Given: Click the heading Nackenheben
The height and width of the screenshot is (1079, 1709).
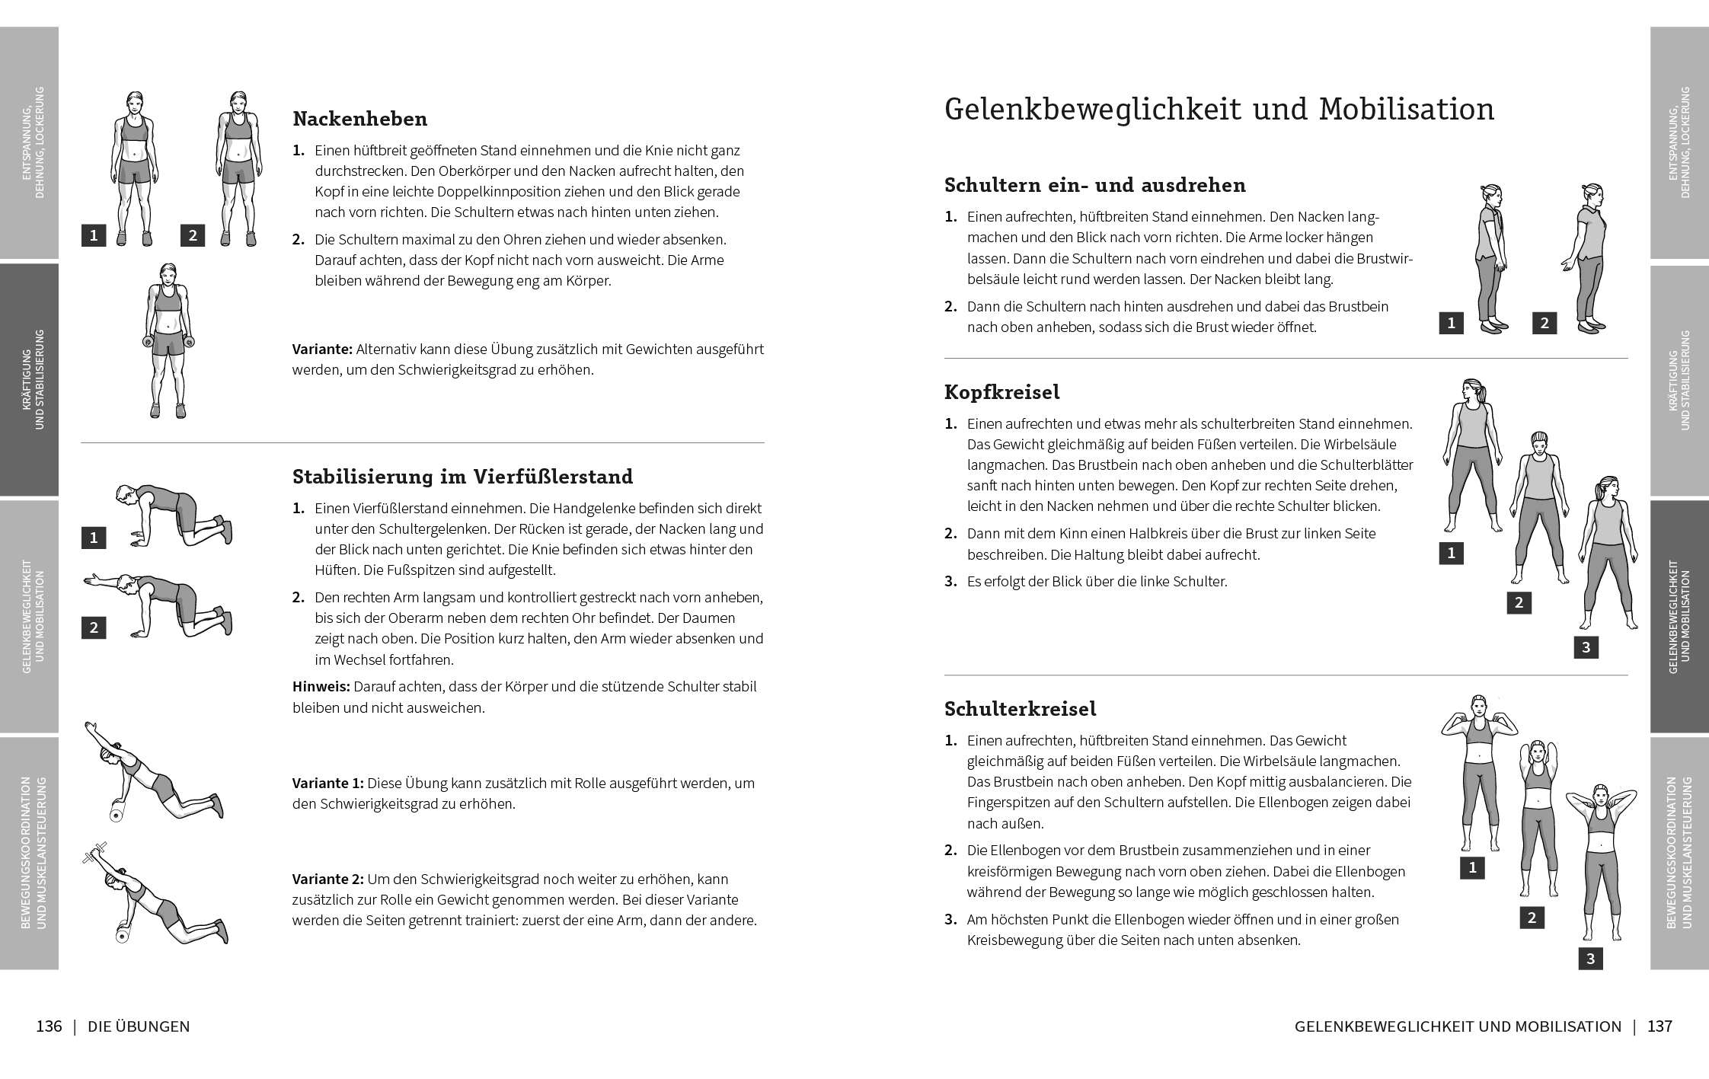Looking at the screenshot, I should (x=359, y=119).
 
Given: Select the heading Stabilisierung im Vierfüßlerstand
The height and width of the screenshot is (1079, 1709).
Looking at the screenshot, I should (x=462, y=477).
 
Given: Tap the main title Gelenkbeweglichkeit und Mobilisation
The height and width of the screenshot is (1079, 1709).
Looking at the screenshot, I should (x=1219, y=110).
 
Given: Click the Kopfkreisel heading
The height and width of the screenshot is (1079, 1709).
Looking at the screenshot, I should (x=1001, y=392).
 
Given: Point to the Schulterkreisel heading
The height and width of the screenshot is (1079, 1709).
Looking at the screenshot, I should (x=1020, y=709).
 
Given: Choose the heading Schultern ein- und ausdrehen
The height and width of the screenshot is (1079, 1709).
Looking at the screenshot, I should (x=1094, y=185).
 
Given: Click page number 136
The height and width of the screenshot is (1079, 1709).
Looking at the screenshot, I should (x=49, y=1026).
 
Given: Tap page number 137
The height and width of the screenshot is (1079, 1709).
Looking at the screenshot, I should (x=1659, y=1026).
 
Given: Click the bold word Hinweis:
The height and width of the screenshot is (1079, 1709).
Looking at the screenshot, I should (x=321, y=687).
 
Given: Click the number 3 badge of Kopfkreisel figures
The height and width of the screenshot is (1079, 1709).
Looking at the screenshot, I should (x=1586, y=648).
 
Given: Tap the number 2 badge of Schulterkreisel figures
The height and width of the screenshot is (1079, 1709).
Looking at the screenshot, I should (x=1532, y=918).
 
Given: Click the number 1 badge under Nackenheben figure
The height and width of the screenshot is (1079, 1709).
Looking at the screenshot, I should (x=94, y=235).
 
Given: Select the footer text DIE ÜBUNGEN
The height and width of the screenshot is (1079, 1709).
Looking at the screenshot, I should (x=139, y=1026).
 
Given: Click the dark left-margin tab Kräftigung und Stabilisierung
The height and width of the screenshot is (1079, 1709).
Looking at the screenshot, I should (x=29, y=379).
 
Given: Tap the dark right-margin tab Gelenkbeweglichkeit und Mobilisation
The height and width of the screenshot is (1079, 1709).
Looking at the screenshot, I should (x=1679, y=617).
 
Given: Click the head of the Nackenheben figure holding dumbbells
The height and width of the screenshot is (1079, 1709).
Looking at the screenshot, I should (x=168, y=274).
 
